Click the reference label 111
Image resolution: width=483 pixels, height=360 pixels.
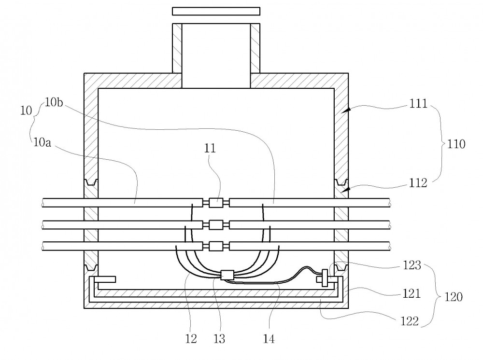tap(418, 104)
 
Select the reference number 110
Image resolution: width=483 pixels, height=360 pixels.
tap(456, 144)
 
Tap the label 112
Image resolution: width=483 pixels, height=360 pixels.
tap(418, 183)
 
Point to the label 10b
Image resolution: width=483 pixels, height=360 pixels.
tap(54, 102)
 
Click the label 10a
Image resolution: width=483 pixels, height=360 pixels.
tap(42, 142)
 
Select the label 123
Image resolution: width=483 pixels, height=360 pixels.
tap(412, 265)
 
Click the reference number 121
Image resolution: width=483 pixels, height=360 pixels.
tap(412, 293)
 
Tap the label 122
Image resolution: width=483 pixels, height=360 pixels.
tap(410, 321)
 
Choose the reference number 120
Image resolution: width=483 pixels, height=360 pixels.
tap(454, 297)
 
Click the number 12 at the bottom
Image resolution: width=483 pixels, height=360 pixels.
tap(191, 339)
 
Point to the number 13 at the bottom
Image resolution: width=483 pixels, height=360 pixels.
tap(219, 339)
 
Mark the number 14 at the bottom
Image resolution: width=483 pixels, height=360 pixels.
tap(269, 339)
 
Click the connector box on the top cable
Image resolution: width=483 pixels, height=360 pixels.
tap(215, 203)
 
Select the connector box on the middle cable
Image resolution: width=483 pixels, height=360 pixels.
tap(215, 224)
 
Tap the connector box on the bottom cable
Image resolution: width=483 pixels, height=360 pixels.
tap(215, 246)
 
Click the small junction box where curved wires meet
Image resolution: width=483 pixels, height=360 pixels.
tap(227, 275)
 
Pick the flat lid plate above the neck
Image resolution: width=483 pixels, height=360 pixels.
tap(216, 12)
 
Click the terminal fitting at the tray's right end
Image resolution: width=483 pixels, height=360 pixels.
tap(324, 278)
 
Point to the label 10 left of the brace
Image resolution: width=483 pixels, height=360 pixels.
tap(26, 110)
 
